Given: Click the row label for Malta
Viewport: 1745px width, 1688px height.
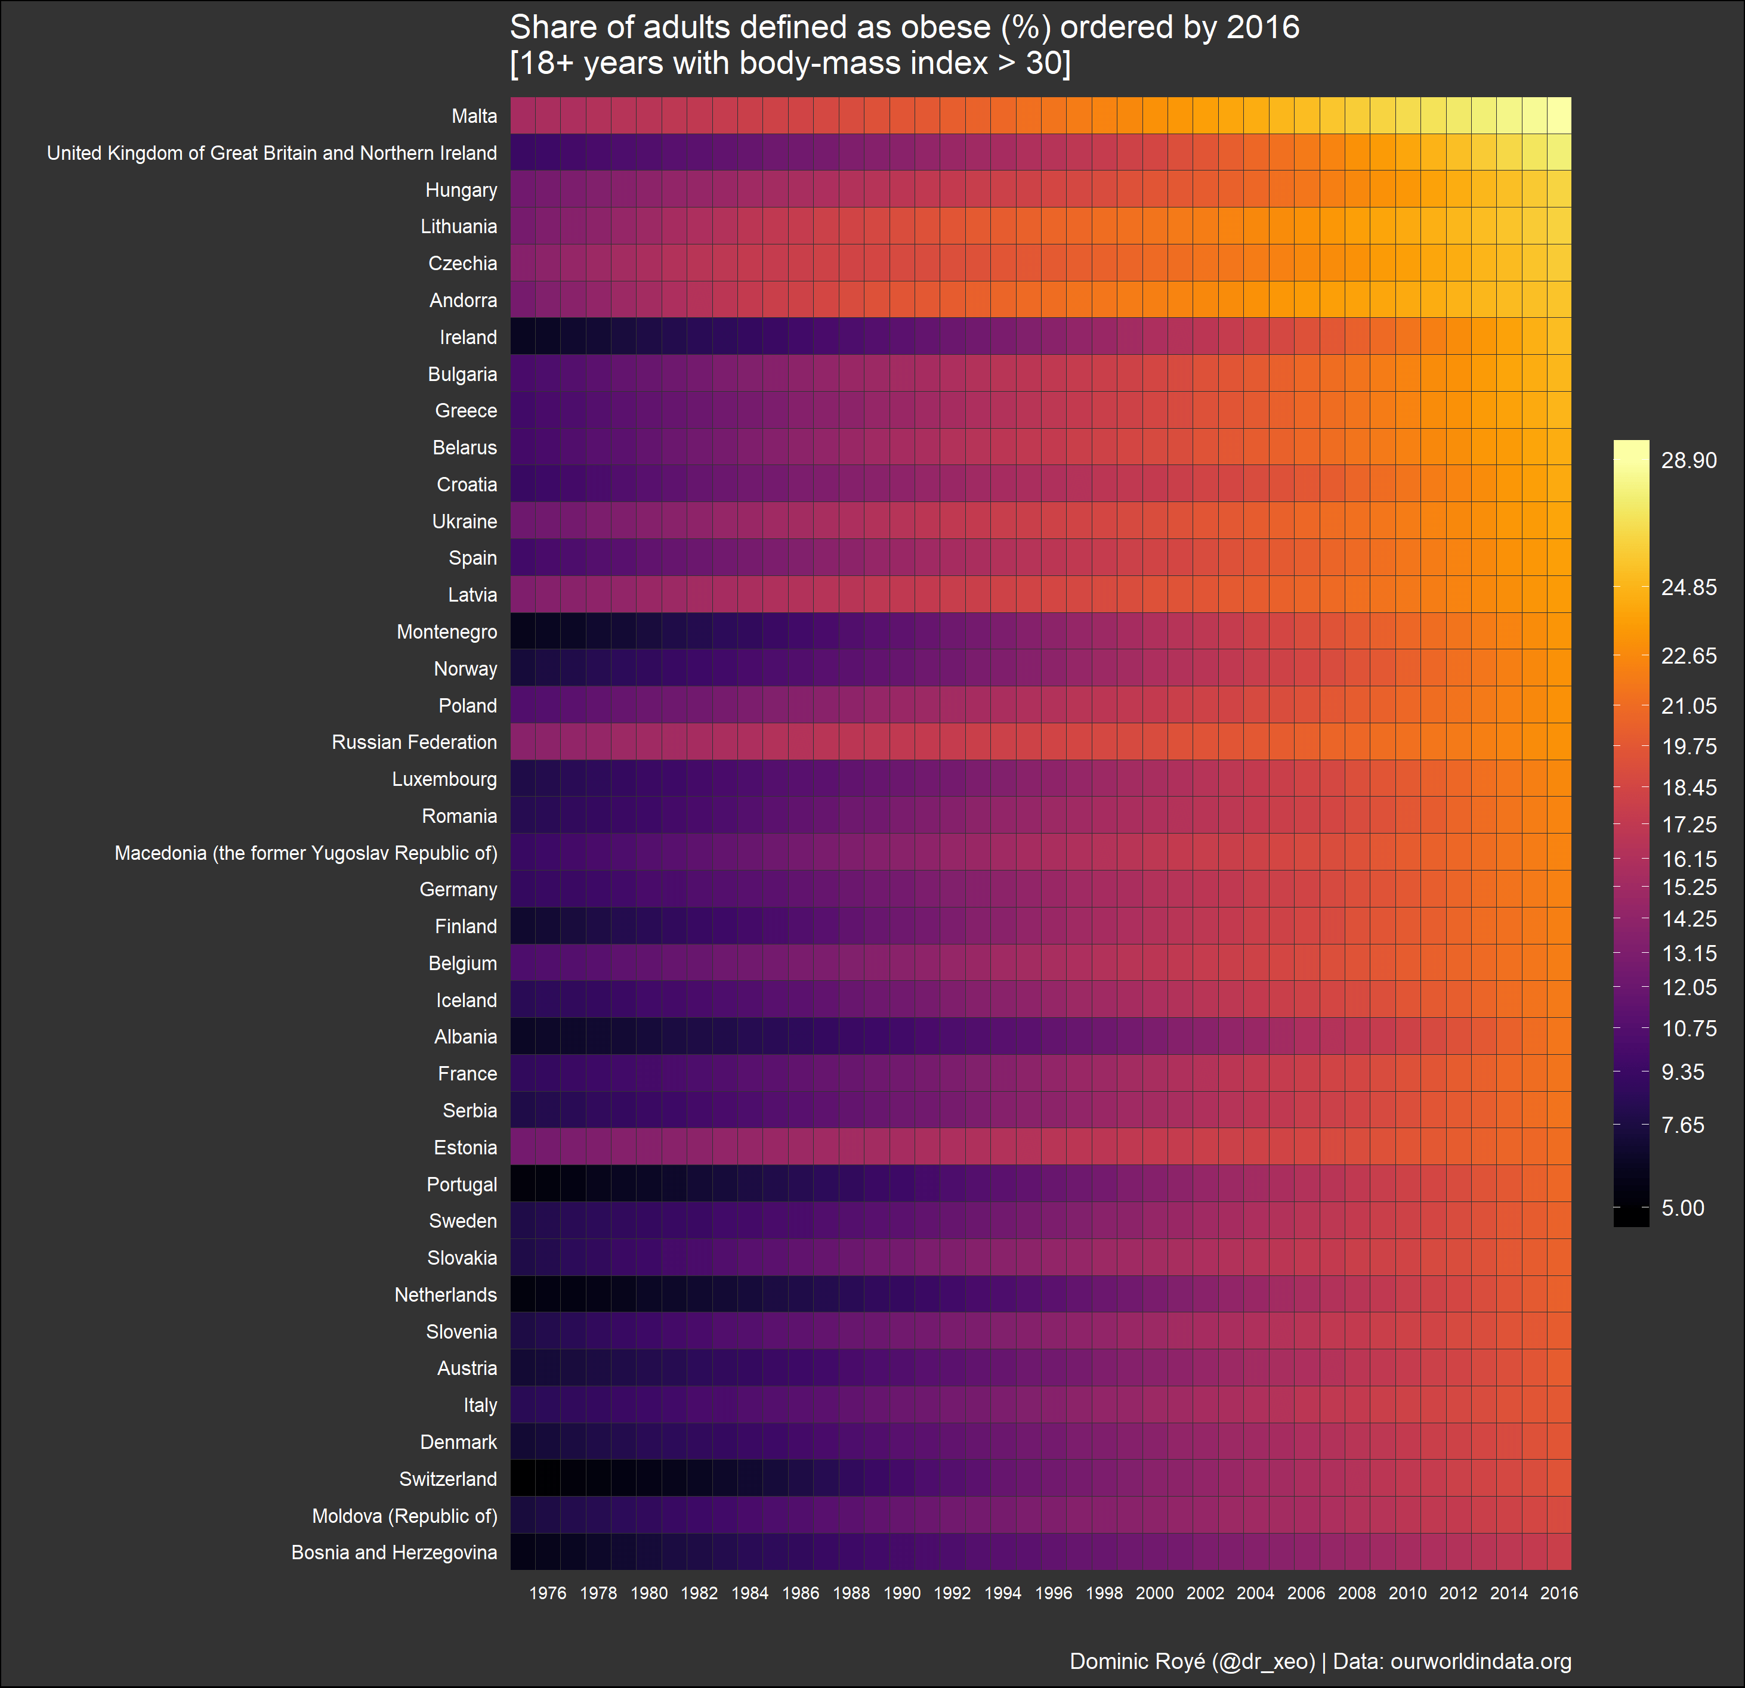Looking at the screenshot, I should (x=474, y=116).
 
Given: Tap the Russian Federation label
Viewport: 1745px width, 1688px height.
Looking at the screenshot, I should (x=414, y=742).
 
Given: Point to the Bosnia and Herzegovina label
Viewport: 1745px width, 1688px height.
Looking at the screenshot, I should (x=394, y=1553).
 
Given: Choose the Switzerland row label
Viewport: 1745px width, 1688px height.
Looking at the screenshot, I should (x=448, y=1479).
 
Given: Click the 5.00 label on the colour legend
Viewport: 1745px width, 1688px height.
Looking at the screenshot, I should (x=1683, y=1207).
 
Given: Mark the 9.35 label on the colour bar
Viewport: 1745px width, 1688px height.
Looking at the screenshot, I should (x=1683, y=1072).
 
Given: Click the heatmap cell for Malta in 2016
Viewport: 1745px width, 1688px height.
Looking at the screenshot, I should (x=1559, y=116).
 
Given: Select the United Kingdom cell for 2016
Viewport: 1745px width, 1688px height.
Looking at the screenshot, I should (x=1559, y=152).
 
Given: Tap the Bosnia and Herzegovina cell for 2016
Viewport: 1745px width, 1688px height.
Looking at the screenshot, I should (x=1559, y=1553).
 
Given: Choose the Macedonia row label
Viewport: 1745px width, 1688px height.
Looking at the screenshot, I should (x=305, y=853).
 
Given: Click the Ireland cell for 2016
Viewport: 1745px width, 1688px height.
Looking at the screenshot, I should (x=1559, y=337).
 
